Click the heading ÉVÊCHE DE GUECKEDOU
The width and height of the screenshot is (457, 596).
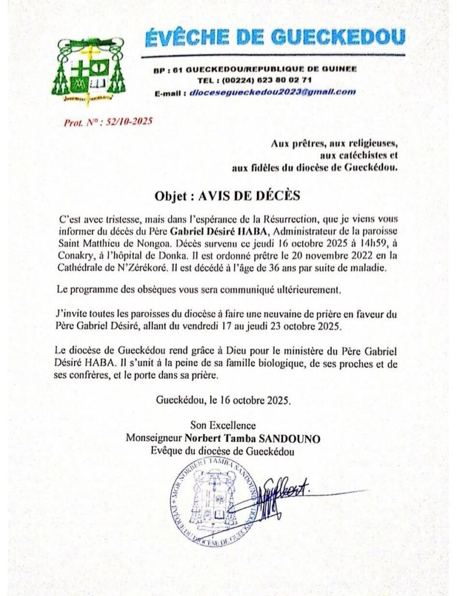(x=274, y=38)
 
